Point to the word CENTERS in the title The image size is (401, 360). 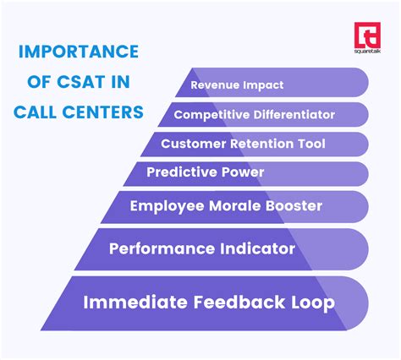coord(103,110)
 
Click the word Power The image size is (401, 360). coord(240,173)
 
